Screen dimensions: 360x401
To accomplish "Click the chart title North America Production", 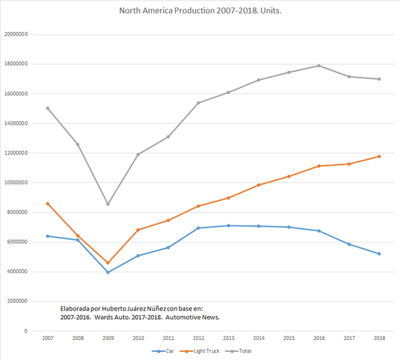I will pos(200,11).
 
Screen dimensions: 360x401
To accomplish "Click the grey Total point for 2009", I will pos(108,204).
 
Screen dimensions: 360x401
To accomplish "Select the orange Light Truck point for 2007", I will pos(47,204).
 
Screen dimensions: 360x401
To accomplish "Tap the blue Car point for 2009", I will pos(108,272).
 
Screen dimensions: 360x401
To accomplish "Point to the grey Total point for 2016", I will pos(319,65).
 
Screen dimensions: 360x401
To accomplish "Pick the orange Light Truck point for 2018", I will pos(379,156).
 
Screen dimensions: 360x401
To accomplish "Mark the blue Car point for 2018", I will pos(379,254).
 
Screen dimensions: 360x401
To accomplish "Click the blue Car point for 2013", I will pos(228,226).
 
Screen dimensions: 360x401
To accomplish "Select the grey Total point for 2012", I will pos(198,103).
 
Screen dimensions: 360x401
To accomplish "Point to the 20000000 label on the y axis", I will pos(17,35).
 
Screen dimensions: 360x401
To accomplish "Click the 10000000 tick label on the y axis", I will pos(17,182).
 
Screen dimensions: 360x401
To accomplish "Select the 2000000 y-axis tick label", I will pos(18,301).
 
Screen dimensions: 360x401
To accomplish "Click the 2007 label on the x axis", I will pos(47,339).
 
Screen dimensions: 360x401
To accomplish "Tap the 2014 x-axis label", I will pos(258,339).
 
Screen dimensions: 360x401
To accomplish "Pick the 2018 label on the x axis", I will pos(379,339).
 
